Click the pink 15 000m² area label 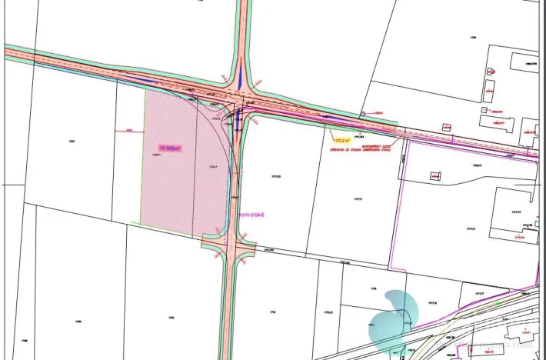(170, 147)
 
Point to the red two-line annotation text (362, 145)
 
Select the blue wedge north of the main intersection (240, 77)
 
